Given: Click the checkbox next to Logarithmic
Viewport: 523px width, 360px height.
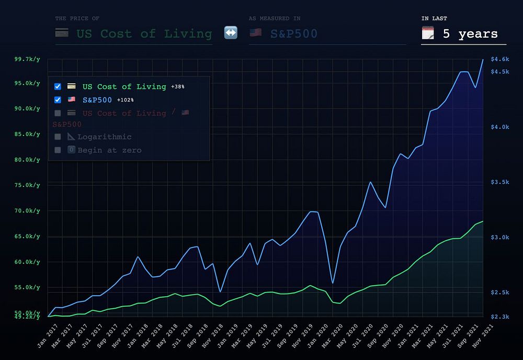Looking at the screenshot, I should pos(58,137).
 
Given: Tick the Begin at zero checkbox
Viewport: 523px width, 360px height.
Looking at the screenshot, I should pos(58,150).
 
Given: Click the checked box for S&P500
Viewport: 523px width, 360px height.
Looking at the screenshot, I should pos(58,99).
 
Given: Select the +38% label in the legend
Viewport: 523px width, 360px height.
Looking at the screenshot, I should pos(178,87).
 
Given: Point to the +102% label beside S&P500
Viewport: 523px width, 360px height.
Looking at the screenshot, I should pos(125,100).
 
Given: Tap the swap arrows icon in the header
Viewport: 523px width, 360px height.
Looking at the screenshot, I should pos(231,33).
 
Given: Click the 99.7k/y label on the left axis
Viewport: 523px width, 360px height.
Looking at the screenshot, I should pos(27,59).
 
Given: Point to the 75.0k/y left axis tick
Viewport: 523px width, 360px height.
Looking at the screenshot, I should pos(27,185).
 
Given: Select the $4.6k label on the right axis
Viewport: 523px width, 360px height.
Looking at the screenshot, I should pos(500,59).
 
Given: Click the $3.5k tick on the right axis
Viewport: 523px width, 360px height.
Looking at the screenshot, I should pos(500,182).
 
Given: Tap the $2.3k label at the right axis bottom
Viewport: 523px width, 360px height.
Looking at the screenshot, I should pos(500,317).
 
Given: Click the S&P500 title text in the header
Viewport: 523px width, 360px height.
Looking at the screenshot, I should pos(293,34).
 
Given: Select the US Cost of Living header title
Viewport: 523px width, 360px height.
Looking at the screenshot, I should pos(144,34).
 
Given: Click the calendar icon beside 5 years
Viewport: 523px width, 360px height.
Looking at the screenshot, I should pos(428,33).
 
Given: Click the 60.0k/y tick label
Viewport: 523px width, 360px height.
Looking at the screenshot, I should pos(27,262).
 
